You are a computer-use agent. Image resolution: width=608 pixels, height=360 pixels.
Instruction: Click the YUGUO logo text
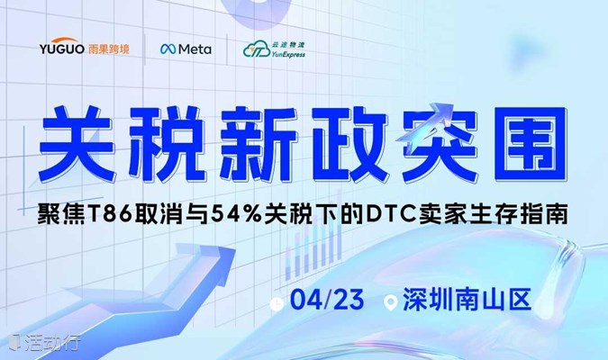click(62, 47)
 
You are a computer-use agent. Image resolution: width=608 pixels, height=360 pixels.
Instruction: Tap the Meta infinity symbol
click(168, 49)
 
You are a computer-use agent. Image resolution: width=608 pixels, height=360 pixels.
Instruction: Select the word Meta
click(195, 49)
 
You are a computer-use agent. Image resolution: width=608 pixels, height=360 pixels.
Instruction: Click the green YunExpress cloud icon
click(257, 50)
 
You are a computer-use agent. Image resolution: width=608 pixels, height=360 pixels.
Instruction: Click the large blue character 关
click(77, 143)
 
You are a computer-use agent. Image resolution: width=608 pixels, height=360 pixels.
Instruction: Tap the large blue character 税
click(166, 143)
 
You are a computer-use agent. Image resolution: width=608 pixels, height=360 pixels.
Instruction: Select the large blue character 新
click(257, 143)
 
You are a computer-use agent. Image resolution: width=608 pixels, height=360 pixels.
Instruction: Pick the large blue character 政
click(349, 144)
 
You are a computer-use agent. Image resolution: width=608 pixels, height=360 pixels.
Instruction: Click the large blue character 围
click(530, 143)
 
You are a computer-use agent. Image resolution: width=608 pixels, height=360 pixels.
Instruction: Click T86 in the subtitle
click(112, 215)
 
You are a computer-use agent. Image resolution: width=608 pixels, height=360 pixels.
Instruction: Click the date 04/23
click(327, 299)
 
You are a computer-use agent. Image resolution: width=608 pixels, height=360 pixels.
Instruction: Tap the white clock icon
click(277, 304)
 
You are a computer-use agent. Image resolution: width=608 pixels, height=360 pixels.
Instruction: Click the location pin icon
click(390, 302)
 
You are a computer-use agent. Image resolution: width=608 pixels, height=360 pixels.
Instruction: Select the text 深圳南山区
click(467, 299)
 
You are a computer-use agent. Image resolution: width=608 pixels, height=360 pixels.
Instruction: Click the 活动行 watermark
click(45, 342)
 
